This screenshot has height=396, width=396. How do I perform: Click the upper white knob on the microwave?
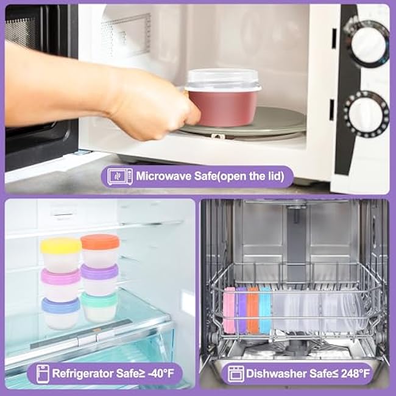pos(368,44)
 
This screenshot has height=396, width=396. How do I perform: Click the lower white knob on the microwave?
pos(366,114)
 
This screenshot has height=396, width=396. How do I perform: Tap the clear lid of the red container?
pos(223,79)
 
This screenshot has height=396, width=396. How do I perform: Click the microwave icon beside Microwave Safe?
pos(119,176)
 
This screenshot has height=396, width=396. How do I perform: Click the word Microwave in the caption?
pos(163,176)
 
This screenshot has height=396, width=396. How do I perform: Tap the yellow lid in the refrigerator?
pos(60,245)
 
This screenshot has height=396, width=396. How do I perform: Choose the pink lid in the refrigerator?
pos(60,276)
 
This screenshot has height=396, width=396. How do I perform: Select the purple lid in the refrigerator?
pos(100,272)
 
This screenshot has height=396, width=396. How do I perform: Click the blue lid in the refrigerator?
pos(60,305)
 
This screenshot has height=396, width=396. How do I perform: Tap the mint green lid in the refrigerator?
pos(99,299)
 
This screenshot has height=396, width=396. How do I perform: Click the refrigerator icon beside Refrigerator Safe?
pos(43,374)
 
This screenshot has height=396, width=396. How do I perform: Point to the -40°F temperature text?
pos(161,373)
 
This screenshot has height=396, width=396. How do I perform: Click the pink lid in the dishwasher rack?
pos(229,309)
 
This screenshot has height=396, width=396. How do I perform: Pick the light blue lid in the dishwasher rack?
pos(265,309)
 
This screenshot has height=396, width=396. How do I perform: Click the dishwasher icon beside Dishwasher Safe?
pos(236,374)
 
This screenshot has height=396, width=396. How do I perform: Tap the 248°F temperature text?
pos(355,373)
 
